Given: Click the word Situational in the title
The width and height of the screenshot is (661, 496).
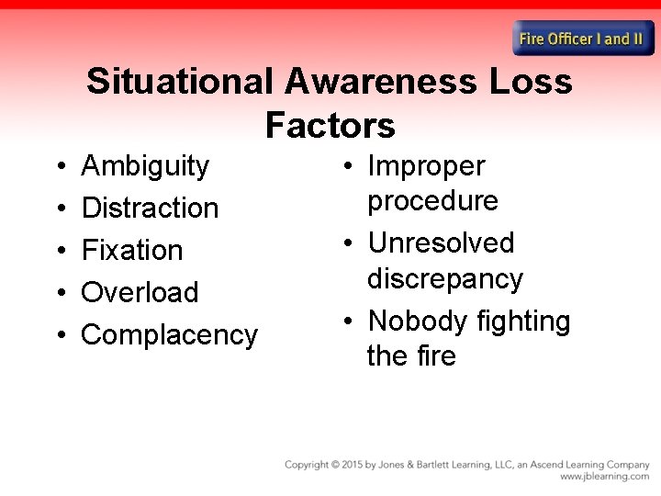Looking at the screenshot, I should (x=179, y=82).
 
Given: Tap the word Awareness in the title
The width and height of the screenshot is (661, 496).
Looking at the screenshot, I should (x=380, y=82).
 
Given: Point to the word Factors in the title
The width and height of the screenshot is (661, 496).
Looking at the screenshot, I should (x=330, y=124).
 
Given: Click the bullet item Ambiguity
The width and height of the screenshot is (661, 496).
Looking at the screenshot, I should (x=145, y=166).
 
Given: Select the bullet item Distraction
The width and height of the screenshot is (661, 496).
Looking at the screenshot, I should (x=150, y=208).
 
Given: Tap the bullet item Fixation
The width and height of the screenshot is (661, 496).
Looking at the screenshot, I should (x=132, y=250).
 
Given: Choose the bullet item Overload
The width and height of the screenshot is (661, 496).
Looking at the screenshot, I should (x=140, y=292).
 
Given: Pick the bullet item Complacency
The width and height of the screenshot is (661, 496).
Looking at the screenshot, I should (x=169, y=334).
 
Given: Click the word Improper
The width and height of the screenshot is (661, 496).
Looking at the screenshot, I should (x=426, y=166).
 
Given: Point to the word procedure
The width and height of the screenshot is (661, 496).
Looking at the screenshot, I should (x=432, y=201).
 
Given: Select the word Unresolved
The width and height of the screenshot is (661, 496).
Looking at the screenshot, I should (x=441, y=243).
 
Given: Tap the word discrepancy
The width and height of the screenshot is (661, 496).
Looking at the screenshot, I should (x=444, y=278).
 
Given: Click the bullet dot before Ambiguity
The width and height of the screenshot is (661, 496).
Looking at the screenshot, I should (x=59, y=166).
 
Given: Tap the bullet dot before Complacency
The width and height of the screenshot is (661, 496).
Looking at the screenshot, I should (x=59, y=334).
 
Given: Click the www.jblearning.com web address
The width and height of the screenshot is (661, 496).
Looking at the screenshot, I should (x=604, y=478).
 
